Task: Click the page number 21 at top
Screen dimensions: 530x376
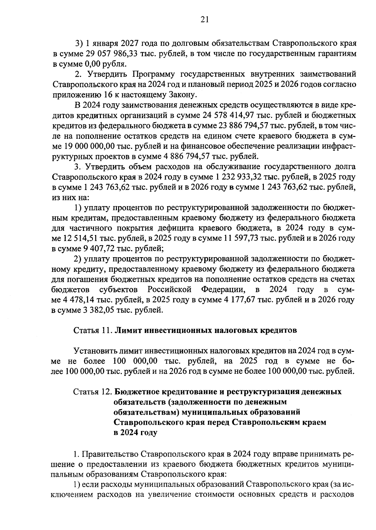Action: coord(204,20)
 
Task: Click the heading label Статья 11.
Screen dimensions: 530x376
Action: coord(93,330)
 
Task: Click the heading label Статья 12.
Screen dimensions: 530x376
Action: coord(93,392)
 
